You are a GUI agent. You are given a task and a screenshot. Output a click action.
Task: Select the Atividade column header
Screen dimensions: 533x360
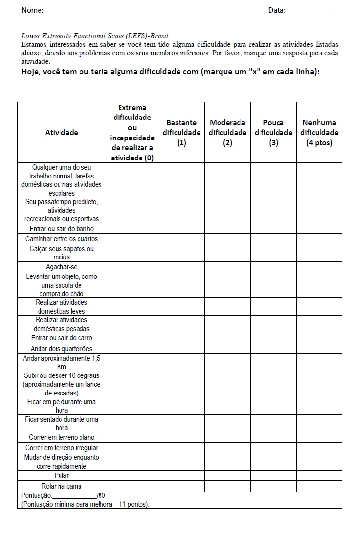[x=61, y=132]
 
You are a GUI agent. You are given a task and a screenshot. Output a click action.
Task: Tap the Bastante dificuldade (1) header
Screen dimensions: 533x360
[x=181, y=132]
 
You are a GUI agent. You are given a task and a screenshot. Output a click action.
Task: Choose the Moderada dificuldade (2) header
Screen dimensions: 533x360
[x=227, y=132]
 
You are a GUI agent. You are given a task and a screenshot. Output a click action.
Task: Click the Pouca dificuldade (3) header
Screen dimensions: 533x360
[x=273, y=132]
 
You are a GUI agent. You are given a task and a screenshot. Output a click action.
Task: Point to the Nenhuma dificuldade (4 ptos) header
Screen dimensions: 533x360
[x=319, y=132]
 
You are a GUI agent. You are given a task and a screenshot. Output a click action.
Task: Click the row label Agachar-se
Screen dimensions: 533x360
[x=61, y=267]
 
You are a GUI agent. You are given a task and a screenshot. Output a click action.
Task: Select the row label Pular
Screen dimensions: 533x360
[x=61, y=475]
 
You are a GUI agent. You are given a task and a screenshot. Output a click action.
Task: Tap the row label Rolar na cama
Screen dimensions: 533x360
[x=61, y=486]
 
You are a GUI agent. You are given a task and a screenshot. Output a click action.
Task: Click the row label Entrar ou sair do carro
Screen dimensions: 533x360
[x=61, y=338]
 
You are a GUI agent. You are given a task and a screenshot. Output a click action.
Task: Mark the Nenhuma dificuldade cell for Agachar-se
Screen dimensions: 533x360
[x=319, y=267]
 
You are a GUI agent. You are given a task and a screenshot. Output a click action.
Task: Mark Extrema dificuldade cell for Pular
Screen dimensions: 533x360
[x=132, y=475]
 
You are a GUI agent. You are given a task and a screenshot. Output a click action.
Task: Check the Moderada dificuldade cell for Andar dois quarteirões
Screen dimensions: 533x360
[x=227, y=348]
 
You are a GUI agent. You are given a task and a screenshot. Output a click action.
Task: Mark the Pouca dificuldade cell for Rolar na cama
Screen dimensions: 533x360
[x=273, y=486]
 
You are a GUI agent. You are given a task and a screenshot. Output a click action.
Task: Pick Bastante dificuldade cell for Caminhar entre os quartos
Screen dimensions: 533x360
[x=181, y=239]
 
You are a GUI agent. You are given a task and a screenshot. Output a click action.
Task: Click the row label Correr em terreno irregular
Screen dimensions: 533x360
[x=61, y=448]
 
